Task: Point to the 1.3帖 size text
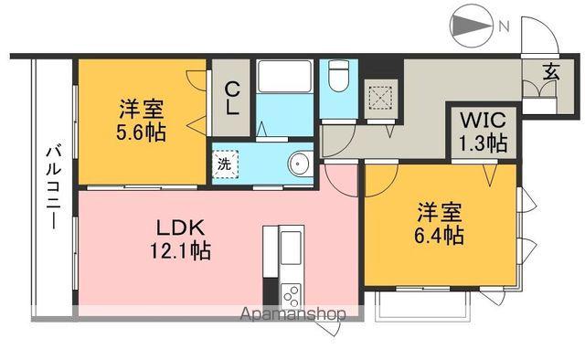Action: pos(484,143)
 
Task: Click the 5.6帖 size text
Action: pos(140,133)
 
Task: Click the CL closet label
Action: pos(233,98)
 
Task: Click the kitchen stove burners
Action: pos(292,294)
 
